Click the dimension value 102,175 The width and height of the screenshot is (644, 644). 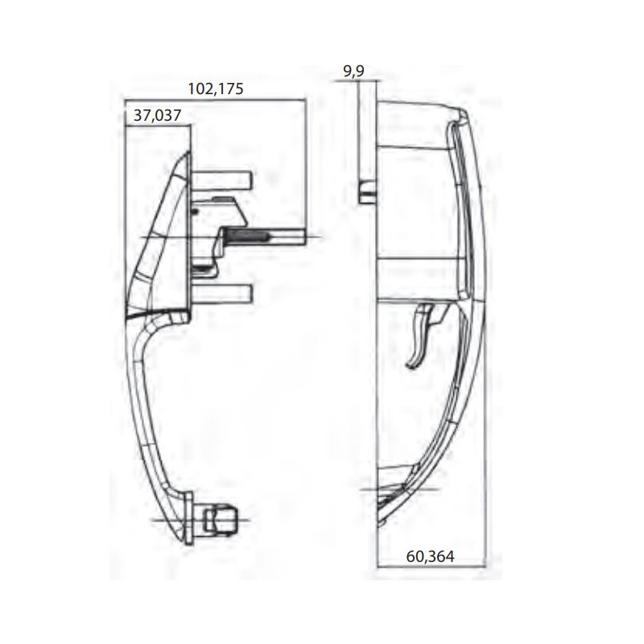(215, 89)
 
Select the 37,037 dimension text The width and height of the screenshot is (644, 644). (157, 116)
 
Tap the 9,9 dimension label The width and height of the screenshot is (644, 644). (353, 72)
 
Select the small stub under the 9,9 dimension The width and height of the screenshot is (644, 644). (366, 192)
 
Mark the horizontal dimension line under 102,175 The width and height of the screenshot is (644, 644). (215, 100)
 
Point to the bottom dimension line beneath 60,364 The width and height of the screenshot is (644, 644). (430, 567)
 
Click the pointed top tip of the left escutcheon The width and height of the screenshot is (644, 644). (187, 155)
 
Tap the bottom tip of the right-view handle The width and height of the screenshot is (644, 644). (379, 523)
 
